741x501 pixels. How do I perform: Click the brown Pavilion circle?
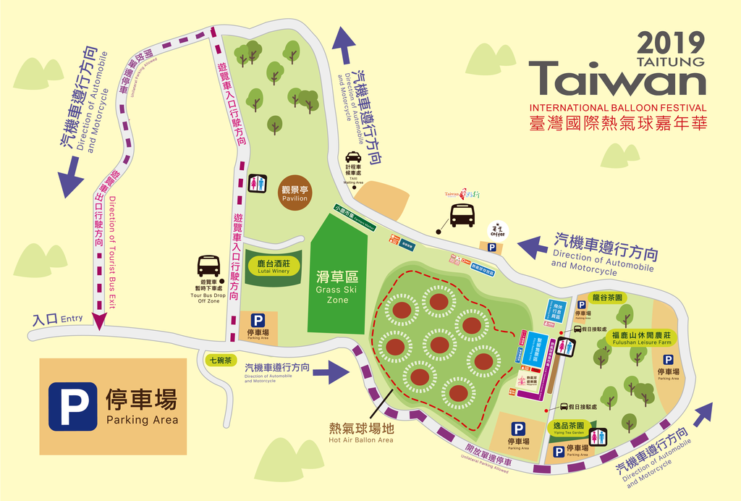click(295, 192)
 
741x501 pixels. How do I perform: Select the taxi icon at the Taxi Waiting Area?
click(353, 157)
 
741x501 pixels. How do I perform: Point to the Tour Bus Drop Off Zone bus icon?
click(208, 266)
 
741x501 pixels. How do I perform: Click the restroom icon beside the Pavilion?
click(258, 183)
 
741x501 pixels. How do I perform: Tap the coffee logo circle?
click(499, 230)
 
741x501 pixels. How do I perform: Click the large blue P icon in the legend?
click(72, 406)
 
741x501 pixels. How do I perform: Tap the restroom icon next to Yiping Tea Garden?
click(597, 437)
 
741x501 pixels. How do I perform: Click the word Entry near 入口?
click(72, 318)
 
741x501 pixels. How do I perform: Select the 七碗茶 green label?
click(219, 360)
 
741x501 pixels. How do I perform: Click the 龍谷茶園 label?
click(607, 298)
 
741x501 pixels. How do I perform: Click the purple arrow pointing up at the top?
click(346, 46)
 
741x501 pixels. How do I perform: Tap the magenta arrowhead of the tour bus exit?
click(98, 320)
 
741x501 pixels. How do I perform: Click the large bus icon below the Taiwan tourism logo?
click(462, 215)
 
